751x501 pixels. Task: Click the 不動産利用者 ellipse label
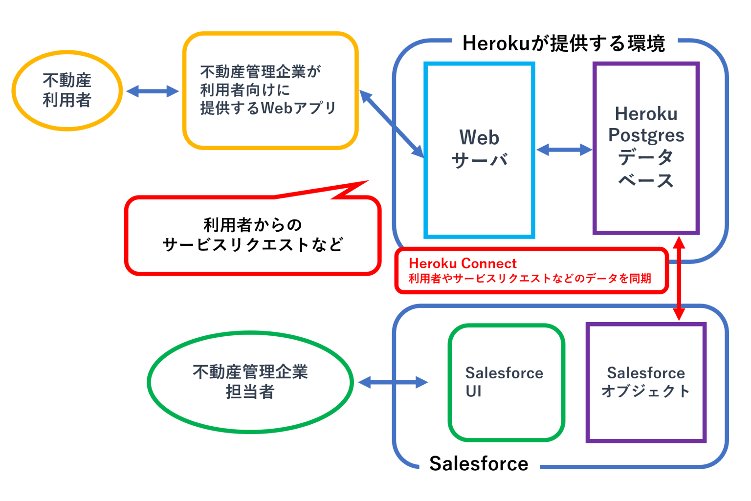(x=67, y=90)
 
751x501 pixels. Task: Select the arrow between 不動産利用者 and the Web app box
(x=153, y=91)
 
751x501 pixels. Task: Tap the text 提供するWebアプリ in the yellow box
(x=268, y=108)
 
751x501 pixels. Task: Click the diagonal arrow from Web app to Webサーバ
(x=392, y=124)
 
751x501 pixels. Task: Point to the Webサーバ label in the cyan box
(x=479, y=149)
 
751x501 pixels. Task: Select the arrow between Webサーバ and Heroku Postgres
(x=564, y=150)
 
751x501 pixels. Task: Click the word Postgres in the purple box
(x=646, y=135)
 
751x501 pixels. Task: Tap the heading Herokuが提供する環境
(x=563, y=44)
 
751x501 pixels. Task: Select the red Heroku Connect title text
(x=463, y=263)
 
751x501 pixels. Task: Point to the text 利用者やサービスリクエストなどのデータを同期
(x=530, y=279)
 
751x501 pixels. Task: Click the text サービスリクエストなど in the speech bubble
(x=252, y=244)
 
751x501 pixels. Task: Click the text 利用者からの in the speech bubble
(x=252, y=225)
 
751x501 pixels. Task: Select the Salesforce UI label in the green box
(x=504, y=382)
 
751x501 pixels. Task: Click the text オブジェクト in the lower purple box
(x=645, y=392)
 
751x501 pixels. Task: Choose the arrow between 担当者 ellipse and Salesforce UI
(x=393, y=382)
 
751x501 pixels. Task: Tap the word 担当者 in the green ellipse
(x=250, y=392)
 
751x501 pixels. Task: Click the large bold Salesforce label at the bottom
(x=478, y=463)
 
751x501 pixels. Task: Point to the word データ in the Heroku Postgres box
(x=646, y=157)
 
